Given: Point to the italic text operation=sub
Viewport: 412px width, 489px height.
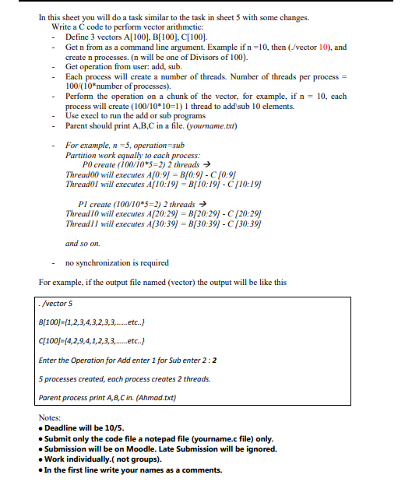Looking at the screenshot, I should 157,146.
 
